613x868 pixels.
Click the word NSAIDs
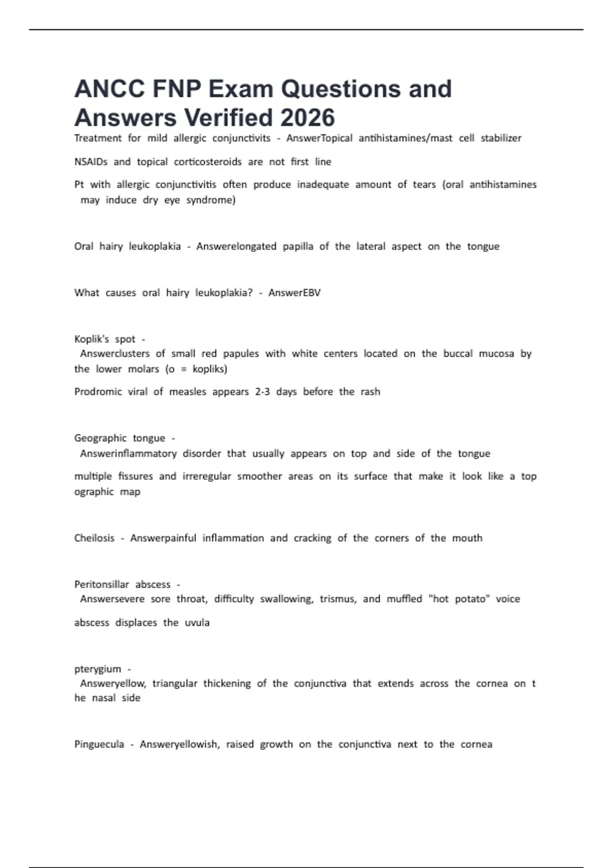pyautogui.click(x=91, y=162)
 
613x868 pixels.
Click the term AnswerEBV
pyautogui.click(x=294, y=293)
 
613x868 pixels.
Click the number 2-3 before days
pyautogui.click(x=263, y=392)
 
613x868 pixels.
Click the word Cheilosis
pyautogui.click(x=94, y=538)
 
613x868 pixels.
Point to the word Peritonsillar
pyautogui.click(x=101, y=584)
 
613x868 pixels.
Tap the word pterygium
pyautogui.click(x=98, y=669)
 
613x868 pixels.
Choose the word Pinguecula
pyautogui.click(x=99, y=744)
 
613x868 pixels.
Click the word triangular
pyautogui.click(x=175, y=684)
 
